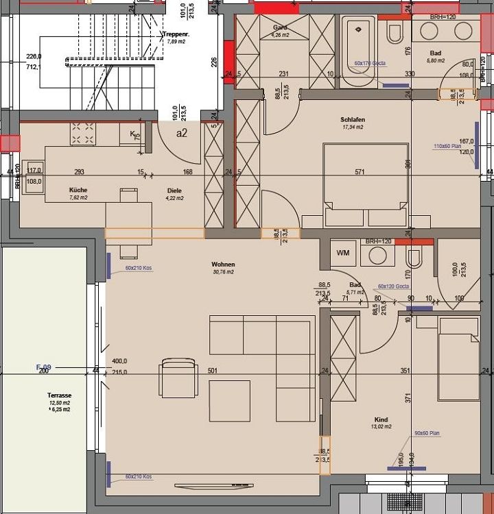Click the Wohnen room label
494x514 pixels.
223,265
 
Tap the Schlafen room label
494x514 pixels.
353,120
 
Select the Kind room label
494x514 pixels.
381,419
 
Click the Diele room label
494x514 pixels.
174,191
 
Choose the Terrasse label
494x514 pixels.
60,395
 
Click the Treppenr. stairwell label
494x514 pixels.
175,34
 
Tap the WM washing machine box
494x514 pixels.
342,253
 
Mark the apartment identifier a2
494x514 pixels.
182,133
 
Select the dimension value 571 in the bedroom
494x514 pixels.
360,173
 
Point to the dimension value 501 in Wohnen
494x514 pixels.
213,371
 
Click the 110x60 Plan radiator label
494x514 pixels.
447,146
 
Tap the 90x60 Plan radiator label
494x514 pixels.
427,434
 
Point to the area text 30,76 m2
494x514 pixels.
223,272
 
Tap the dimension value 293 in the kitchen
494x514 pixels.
80,173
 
